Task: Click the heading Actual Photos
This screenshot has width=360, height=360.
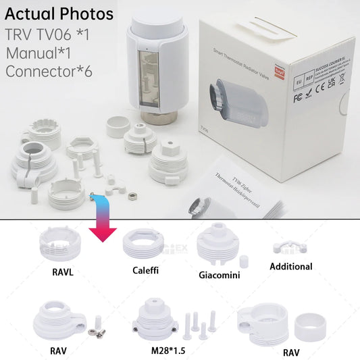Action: tap(59, 14)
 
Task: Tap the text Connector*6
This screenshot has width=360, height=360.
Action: tap(49, 71)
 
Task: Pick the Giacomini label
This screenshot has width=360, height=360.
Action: tap(220, 275)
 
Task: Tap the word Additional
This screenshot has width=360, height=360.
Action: tap(290, 267)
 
